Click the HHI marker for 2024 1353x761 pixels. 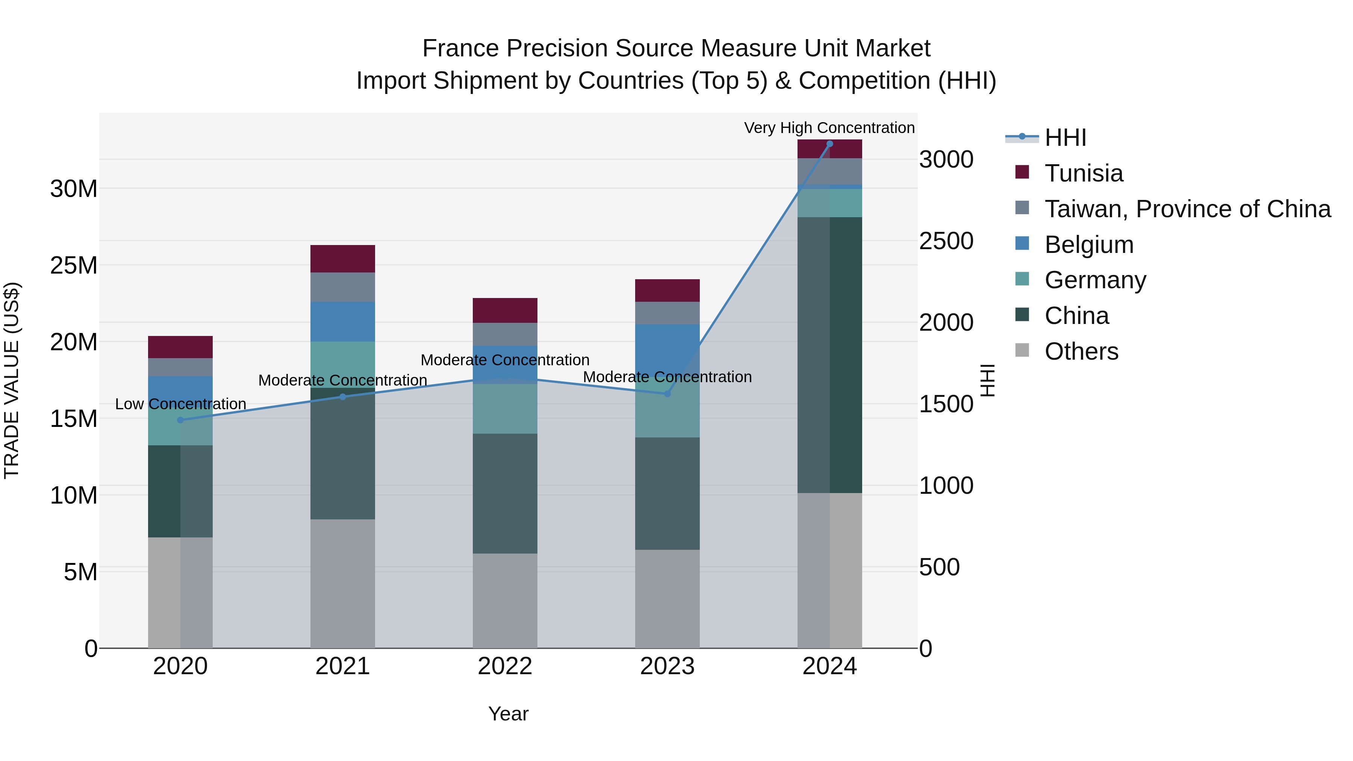829,144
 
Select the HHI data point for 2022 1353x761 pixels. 505,379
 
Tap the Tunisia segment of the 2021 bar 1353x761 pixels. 342,259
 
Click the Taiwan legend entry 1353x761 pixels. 1187,209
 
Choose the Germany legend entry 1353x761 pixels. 1095,280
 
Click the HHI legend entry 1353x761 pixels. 1065,138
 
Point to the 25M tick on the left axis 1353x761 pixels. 74,266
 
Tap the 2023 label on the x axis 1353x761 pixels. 667,666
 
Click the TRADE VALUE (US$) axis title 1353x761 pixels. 12,380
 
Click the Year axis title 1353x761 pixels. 508,714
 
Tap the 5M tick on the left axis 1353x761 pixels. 80,572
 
